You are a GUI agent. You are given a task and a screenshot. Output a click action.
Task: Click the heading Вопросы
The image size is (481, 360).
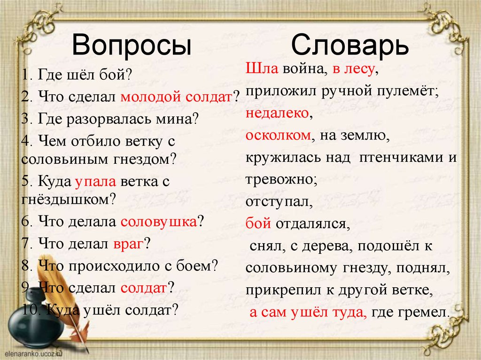[132, 45]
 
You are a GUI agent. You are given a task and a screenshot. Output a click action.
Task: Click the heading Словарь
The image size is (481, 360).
[350, 45]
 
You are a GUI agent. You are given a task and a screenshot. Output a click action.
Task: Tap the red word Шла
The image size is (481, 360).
[262, 69]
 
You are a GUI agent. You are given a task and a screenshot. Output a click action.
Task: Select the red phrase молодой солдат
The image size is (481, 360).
[176, 97]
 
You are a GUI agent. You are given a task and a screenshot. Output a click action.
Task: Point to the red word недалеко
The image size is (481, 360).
[277, 113]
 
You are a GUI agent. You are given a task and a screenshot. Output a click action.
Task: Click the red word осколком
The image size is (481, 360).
[278, 135]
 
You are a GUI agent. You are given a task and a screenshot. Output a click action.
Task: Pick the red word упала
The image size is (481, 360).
[95, 182]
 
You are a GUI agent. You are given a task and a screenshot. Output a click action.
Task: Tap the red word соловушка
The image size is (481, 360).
[159, 222]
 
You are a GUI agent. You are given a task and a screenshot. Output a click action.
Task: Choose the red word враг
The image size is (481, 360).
[128, 244]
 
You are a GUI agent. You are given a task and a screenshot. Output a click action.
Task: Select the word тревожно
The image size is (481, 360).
[279, 179]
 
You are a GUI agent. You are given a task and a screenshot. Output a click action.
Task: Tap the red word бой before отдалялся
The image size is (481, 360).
[258, 223]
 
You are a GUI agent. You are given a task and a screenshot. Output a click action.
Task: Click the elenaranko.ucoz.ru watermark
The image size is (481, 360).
[33, 353]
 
